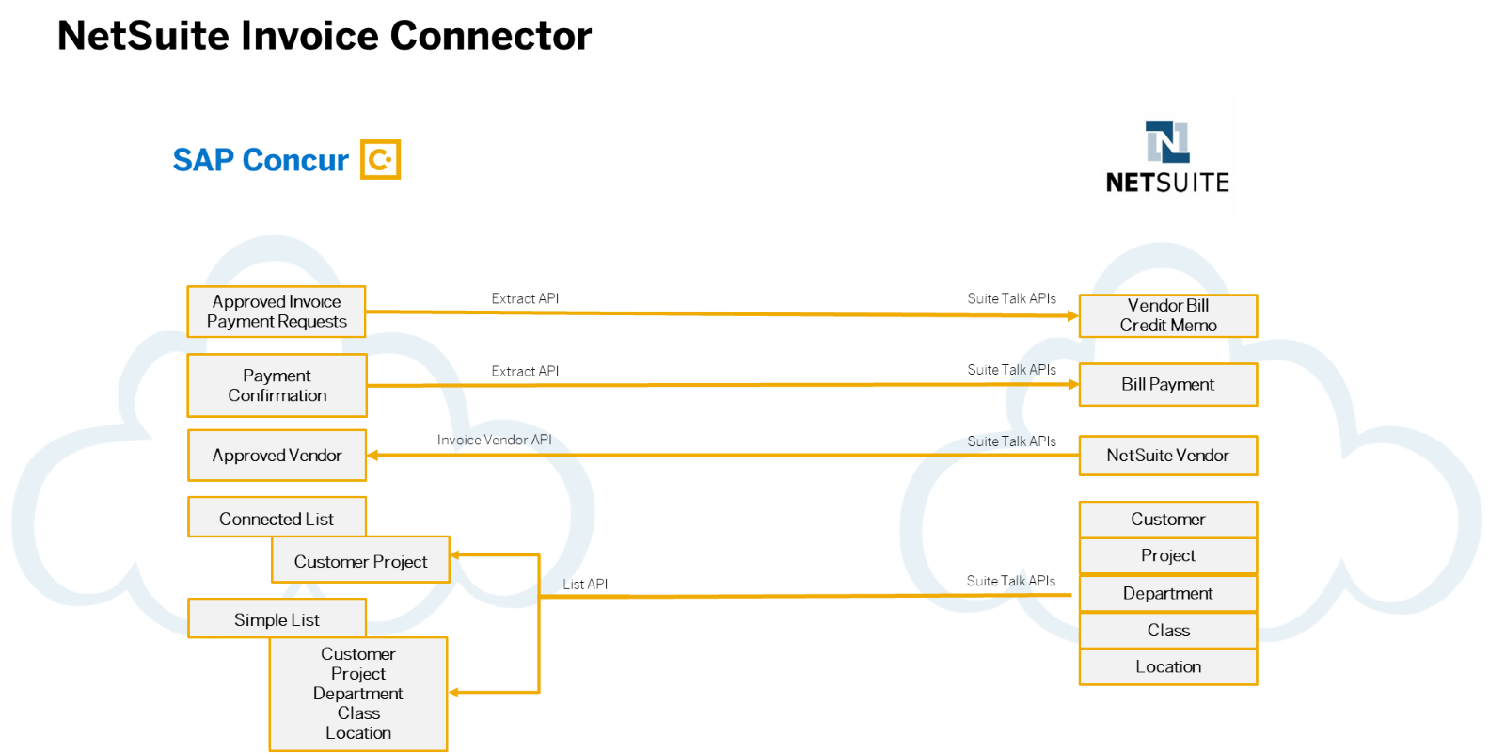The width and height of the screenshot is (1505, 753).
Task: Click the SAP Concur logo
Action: [286, 160]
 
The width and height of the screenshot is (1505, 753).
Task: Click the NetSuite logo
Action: [1167, 157]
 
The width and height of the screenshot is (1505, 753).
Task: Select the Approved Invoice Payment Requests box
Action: [277, 312]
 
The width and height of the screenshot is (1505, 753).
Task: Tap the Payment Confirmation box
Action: [277, 385]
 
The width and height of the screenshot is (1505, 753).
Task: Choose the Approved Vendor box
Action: [277, 456]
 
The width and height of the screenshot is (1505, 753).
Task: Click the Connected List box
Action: [277, 519]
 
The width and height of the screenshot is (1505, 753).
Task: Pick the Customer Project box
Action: [360, 561]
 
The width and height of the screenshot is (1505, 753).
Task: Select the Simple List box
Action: [277, 619]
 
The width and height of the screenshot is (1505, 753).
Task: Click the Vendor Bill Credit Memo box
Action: [1167, 315]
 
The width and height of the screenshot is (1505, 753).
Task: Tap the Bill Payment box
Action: [1167, 384]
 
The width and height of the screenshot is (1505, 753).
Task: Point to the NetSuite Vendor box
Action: [1167, 456]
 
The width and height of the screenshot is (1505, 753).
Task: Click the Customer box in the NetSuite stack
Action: [1167, 519]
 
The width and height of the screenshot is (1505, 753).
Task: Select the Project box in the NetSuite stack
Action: [1167, 555]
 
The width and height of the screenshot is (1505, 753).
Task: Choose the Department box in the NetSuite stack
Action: [1167, 593]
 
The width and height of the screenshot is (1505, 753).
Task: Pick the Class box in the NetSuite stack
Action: [1167, 630]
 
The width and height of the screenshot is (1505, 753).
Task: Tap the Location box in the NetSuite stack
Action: [1167, 666]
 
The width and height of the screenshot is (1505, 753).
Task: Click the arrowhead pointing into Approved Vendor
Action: [373, 456]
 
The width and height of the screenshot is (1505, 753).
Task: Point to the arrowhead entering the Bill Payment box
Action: [1072, 384]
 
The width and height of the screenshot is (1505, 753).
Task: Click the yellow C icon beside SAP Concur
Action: [381, 160]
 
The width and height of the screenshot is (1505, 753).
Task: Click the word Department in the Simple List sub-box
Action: [357, 694]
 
